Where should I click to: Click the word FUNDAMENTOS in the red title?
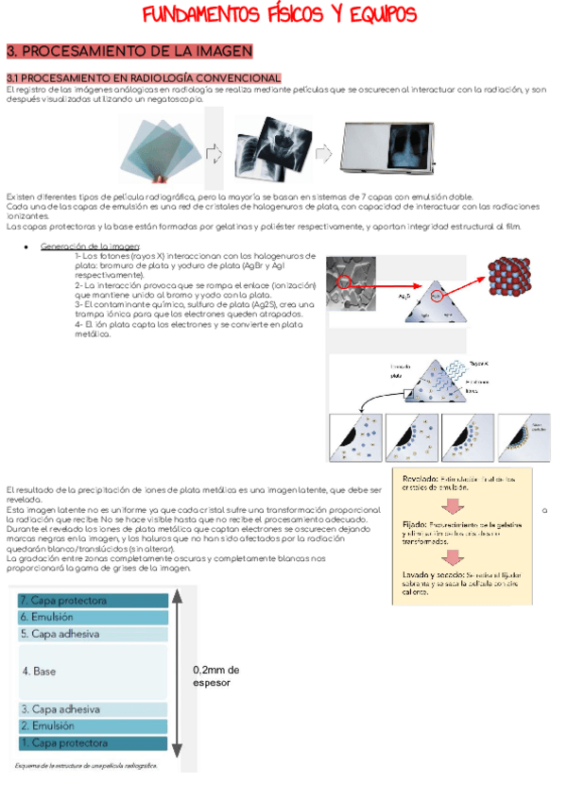(208, 16)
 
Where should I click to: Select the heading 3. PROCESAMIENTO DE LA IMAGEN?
(129, 51)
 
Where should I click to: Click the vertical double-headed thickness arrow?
(181, 670)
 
